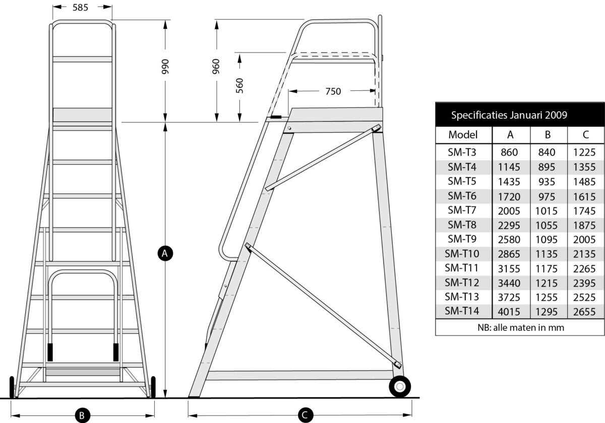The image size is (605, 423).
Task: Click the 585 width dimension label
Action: [80, 7]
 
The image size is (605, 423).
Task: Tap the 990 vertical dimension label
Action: [165, 67]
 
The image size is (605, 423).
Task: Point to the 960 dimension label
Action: [216, 66]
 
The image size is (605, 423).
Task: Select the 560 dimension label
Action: [239, 86]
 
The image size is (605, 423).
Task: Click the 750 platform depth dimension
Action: [333, 91]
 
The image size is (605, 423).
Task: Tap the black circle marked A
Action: [165, 253]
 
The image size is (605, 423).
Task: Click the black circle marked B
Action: [82, 415]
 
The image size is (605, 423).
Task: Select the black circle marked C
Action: [306, 414]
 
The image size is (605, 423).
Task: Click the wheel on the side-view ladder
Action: [400, 386]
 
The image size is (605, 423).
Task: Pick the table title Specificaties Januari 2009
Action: [509, 115]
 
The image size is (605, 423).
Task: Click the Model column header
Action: [463, 135]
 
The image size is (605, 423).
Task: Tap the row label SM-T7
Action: [462, 210]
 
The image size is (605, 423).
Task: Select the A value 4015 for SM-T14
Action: [509, 312]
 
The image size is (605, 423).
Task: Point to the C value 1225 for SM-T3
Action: [584, 152]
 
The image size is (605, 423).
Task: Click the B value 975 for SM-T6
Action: [547, 197]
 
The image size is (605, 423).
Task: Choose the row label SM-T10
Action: [462, 254]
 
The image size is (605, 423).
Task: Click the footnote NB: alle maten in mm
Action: [521, 328]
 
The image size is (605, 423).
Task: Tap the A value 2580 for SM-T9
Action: [509, 240]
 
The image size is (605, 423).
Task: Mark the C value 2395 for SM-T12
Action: [584, 283]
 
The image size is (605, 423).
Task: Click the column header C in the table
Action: [585, 135]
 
